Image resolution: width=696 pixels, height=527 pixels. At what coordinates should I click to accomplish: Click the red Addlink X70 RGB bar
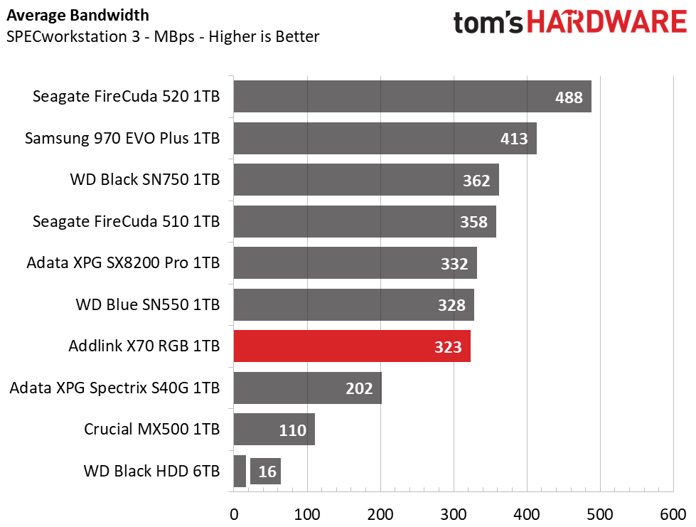352,346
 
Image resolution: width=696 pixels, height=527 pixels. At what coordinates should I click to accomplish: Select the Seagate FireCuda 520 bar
412,96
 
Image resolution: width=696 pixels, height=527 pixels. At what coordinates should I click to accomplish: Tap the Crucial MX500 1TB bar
274,430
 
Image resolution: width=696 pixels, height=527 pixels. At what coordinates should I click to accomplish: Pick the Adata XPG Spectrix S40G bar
308,388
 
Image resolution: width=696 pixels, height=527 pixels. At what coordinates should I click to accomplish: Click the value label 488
569,97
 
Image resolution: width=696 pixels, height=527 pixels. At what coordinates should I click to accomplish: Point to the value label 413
514,139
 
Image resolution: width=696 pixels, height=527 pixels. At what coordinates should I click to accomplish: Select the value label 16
267,472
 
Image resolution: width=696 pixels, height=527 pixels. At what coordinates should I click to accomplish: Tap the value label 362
476,181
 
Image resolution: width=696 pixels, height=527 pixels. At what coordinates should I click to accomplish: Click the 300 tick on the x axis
454,515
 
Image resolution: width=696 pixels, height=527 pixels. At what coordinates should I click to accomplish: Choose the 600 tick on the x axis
673,515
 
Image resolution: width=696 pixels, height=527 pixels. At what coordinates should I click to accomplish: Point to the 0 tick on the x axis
234,515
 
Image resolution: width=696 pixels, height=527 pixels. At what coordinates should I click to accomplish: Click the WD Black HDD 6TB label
152,471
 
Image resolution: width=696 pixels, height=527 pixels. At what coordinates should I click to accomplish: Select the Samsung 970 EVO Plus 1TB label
122,138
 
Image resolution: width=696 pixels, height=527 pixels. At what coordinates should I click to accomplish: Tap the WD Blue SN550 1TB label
148,304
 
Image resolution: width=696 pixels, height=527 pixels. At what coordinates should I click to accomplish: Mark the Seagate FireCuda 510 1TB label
126,221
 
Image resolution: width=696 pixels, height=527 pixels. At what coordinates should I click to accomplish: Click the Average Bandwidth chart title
77,15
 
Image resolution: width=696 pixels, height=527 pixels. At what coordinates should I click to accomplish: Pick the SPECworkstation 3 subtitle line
163,36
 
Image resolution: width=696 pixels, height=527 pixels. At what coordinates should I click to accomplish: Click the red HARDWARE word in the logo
607,22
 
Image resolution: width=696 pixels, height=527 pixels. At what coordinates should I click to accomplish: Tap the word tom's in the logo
488,22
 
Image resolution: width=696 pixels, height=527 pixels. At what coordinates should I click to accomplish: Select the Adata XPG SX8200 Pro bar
355,263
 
